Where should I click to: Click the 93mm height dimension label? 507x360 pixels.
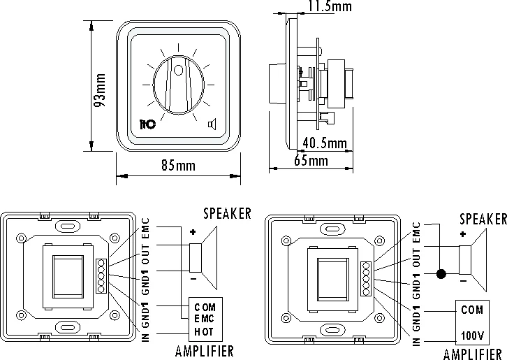point(100,91)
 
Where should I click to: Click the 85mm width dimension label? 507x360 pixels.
point(179,166)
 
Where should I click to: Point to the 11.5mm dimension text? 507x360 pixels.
point(330,6)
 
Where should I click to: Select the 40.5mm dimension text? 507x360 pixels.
point(325,143)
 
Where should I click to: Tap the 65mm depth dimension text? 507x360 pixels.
point(311,161)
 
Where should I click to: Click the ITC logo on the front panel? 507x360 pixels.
point(147,124)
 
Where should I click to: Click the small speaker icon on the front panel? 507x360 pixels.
point(212,124)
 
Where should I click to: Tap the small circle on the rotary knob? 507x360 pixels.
point(179,70)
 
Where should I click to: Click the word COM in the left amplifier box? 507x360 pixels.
point(205,307)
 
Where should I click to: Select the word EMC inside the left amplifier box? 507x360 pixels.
point(204,319)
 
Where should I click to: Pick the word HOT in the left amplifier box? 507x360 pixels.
point(204,331)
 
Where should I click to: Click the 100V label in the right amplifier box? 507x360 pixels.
point(472,336)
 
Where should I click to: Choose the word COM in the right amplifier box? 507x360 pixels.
point(472,310)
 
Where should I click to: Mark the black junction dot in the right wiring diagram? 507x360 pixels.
point(441,274)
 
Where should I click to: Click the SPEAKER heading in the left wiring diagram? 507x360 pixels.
point(227,213)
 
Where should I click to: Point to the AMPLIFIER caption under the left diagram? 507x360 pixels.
point(205,351)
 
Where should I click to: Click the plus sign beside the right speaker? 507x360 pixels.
point(463,233)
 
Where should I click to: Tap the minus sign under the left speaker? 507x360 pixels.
point(193,278)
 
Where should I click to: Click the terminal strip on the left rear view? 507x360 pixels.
point(101,276)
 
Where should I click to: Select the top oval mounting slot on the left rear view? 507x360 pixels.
point(68,226)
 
